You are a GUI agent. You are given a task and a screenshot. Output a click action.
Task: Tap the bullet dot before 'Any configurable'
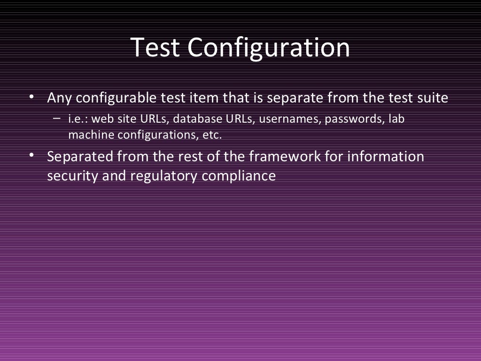[x=31, y=97]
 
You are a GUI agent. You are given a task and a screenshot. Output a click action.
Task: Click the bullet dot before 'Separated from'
[x=31, y=155]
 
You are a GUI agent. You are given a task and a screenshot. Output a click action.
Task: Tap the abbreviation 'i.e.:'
[x=78, y=119]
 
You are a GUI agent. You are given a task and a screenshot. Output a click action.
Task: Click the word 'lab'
[x=396, y=119]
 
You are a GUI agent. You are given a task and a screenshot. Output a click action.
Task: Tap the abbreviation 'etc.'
[x=211, y=135]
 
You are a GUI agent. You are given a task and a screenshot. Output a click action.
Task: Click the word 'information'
[x=385, y=156]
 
